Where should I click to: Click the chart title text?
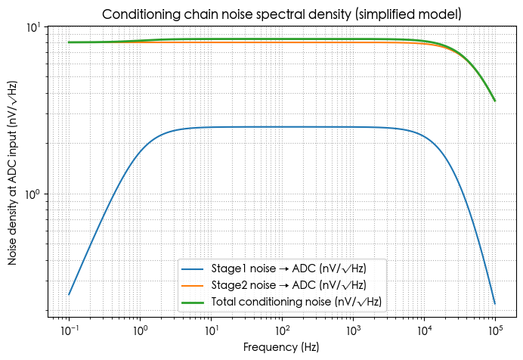click(x=282, y=14)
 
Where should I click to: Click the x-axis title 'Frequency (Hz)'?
click(x=282, y=347)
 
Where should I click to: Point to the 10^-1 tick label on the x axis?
click(x=69, y=331)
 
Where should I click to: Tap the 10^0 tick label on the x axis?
click(x=140, y=331)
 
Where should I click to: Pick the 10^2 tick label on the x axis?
click(x=282, y=331)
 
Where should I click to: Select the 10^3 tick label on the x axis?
click(x=353, y=331)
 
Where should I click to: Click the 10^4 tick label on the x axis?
click(x=424, y=331)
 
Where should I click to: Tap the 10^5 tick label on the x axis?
click(x=495, y=331)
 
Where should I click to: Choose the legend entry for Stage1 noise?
click(x=296, y=268)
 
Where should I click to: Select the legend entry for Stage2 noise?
click(x=296, y=285)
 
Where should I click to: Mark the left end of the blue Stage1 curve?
click(x=70, y=294)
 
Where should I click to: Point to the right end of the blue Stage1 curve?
click(x=495, y=304)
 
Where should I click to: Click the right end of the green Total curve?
click(x=495, y=101)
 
